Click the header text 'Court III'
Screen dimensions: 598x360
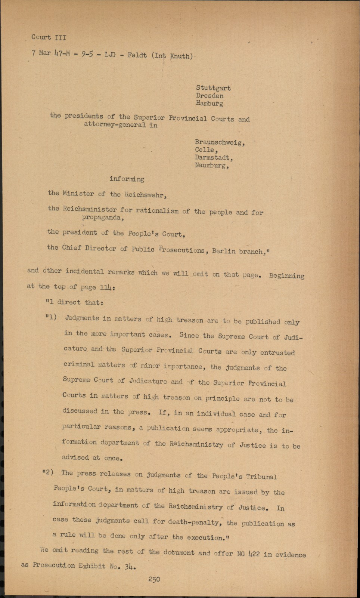49,37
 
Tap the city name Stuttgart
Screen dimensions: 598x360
213,88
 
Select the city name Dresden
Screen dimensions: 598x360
210,96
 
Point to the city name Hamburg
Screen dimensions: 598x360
209,103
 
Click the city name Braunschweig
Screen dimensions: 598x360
220,142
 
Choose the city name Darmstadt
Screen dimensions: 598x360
214,158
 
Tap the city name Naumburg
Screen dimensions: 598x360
212,165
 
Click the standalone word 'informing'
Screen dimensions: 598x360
127,179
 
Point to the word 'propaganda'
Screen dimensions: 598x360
103,218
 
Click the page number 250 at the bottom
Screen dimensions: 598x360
154,579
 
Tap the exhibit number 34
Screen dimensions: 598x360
129,567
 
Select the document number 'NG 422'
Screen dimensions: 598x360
248,554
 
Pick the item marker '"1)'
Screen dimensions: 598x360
51,317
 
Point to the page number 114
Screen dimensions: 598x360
108,287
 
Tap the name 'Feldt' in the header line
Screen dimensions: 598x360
137,55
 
